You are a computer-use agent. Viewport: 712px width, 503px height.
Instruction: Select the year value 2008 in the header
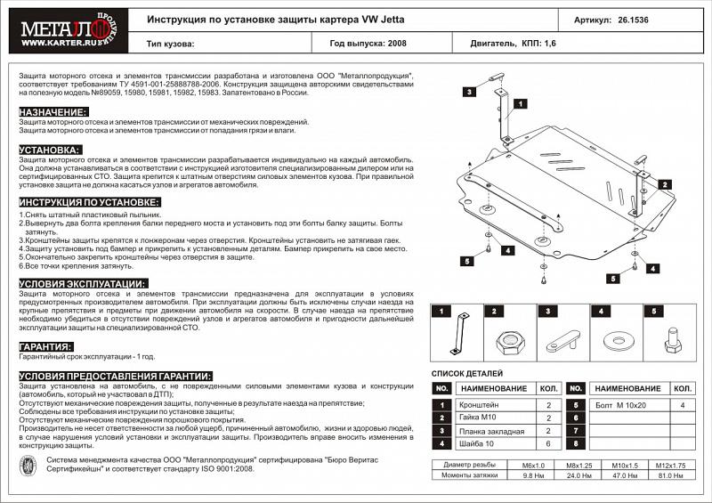click(x=396, y=42)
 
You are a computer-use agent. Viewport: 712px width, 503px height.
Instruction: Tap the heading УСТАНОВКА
click(x=50, y=150)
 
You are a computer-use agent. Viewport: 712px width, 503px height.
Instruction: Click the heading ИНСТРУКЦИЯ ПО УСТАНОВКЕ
click(x=89, y=203)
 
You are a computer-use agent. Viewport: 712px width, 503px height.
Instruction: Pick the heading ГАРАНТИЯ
click(x=45, y=346)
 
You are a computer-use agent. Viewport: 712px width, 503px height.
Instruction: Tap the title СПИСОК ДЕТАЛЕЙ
click(x=467, y=373)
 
